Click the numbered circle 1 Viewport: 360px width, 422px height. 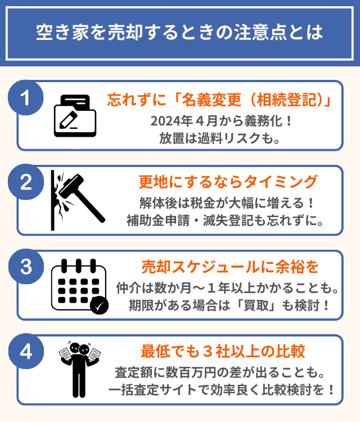pos(26,98)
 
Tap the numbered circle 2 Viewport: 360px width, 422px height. pos(26,182)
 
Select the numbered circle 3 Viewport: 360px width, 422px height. pos(26,267)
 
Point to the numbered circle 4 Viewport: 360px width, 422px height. pos(26,351)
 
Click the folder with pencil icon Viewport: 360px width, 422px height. pos(75,116)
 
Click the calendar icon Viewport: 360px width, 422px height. pos(80,286)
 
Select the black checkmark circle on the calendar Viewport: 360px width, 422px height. pos(99,305)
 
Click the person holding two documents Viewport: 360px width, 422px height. pos(79,369)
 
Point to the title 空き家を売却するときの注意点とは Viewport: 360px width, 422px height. pos(179,32)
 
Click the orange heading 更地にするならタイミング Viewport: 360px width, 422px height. pos(228,182)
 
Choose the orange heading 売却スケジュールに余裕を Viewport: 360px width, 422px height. pos(230,267)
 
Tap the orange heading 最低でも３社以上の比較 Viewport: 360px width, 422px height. pos(223,352)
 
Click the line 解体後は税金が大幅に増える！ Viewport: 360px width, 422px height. pos(227,203)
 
